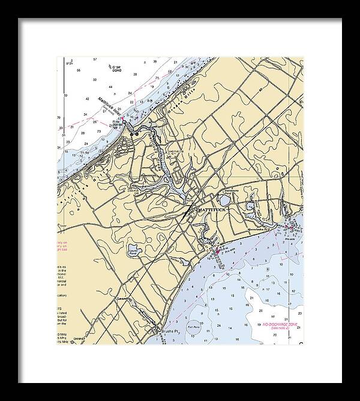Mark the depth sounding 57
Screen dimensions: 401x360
click(95, 60)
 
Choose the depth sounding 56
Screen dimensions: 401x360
click(79, 71)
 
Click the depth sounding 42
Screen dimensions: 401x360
click(87, 98)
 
